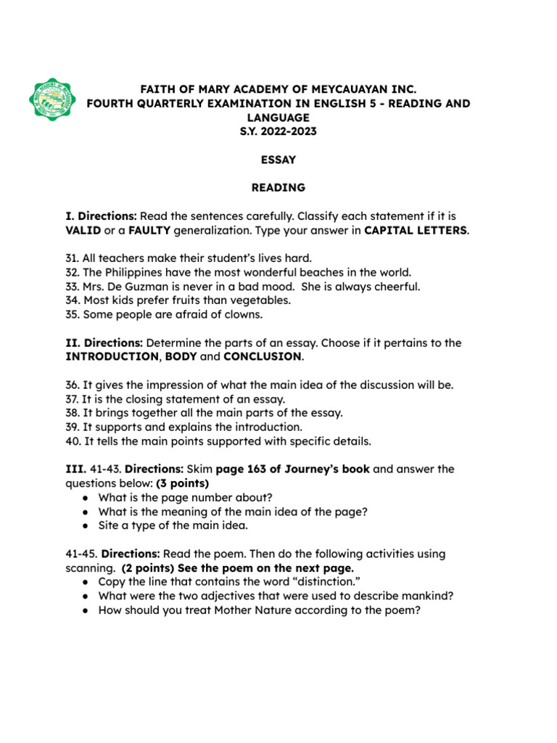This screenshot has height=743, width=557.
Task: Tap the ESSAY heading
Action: (x=278, y=160)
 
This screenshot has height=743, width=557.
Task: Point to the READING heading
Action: (x=278, y=188)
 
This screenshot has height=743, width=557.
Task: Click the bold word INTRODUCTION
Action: (x=111, y=356)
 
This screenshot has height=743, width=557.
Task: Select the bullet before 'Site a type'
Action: (x=86, y=525)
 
